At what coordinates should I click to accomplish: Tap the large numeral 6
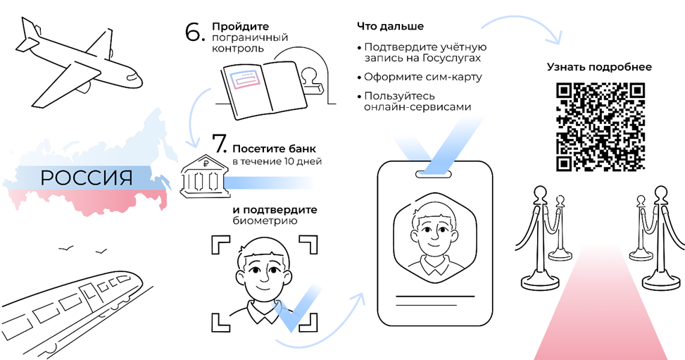195,32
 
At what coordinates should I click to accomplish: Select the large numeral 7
220,144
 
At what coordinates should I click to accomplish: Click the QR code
601,127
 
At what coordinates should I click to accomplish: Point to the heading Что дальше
390,26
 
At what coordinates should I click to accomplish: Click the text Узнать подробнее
599,67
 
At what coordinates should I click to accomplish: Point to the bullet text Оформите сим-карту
423,77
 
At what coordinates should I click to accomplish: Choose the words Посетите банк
274,149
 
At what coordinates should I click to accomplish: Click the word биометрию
265,221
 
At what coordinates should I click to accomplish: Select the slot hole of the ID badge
434,173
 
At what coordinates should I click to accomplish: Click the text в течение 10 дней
277,162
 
